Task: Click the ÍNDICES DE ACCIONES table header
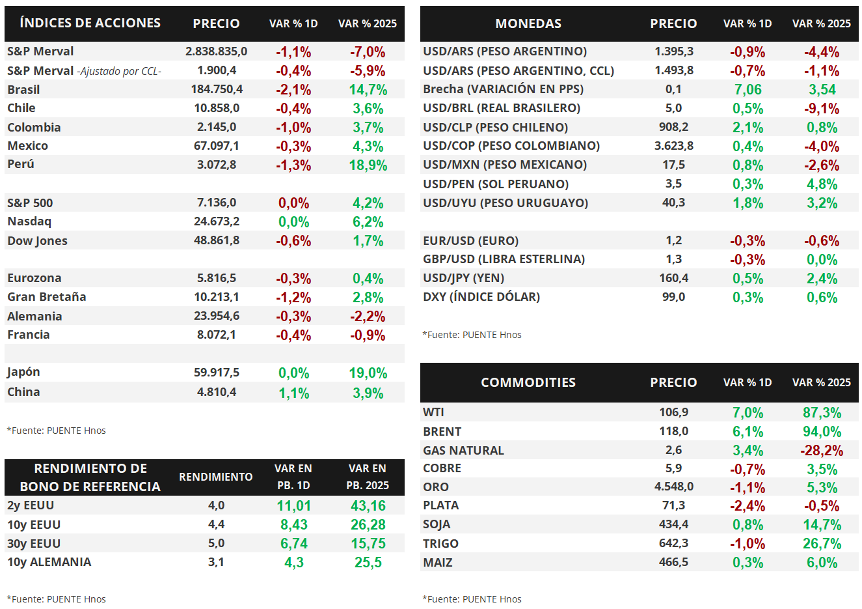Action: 90,23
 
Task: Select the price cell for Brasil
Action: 217,89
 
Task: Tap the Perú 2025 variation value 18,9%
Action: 368,165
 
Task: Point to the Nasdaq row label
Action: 29,221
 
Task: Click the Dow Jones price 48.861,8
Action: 217,240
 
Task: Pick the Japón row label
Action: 24,372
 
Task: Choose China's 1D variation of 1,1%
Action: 293,393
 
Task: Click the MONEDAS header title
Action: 528,23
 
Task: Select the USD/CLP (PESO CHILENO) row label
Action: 495,127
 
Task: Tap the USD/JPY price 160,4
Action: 673,278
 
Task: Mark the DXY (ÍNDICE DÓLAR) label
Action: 481,297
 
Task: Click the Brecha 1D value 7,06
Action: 748,90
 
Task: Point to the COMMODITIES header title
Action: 528,382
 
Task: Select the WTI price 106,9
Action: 673,412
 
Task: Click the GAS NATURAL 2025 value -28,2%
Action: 822,451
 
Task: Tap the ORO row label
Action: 436,487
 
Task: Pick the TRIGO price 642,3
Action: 673,543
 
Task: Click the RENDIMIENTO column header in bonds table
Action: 216,477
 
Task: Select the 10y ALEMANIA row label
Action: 49,562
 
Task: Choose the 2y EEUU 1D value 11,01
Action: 293,506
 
